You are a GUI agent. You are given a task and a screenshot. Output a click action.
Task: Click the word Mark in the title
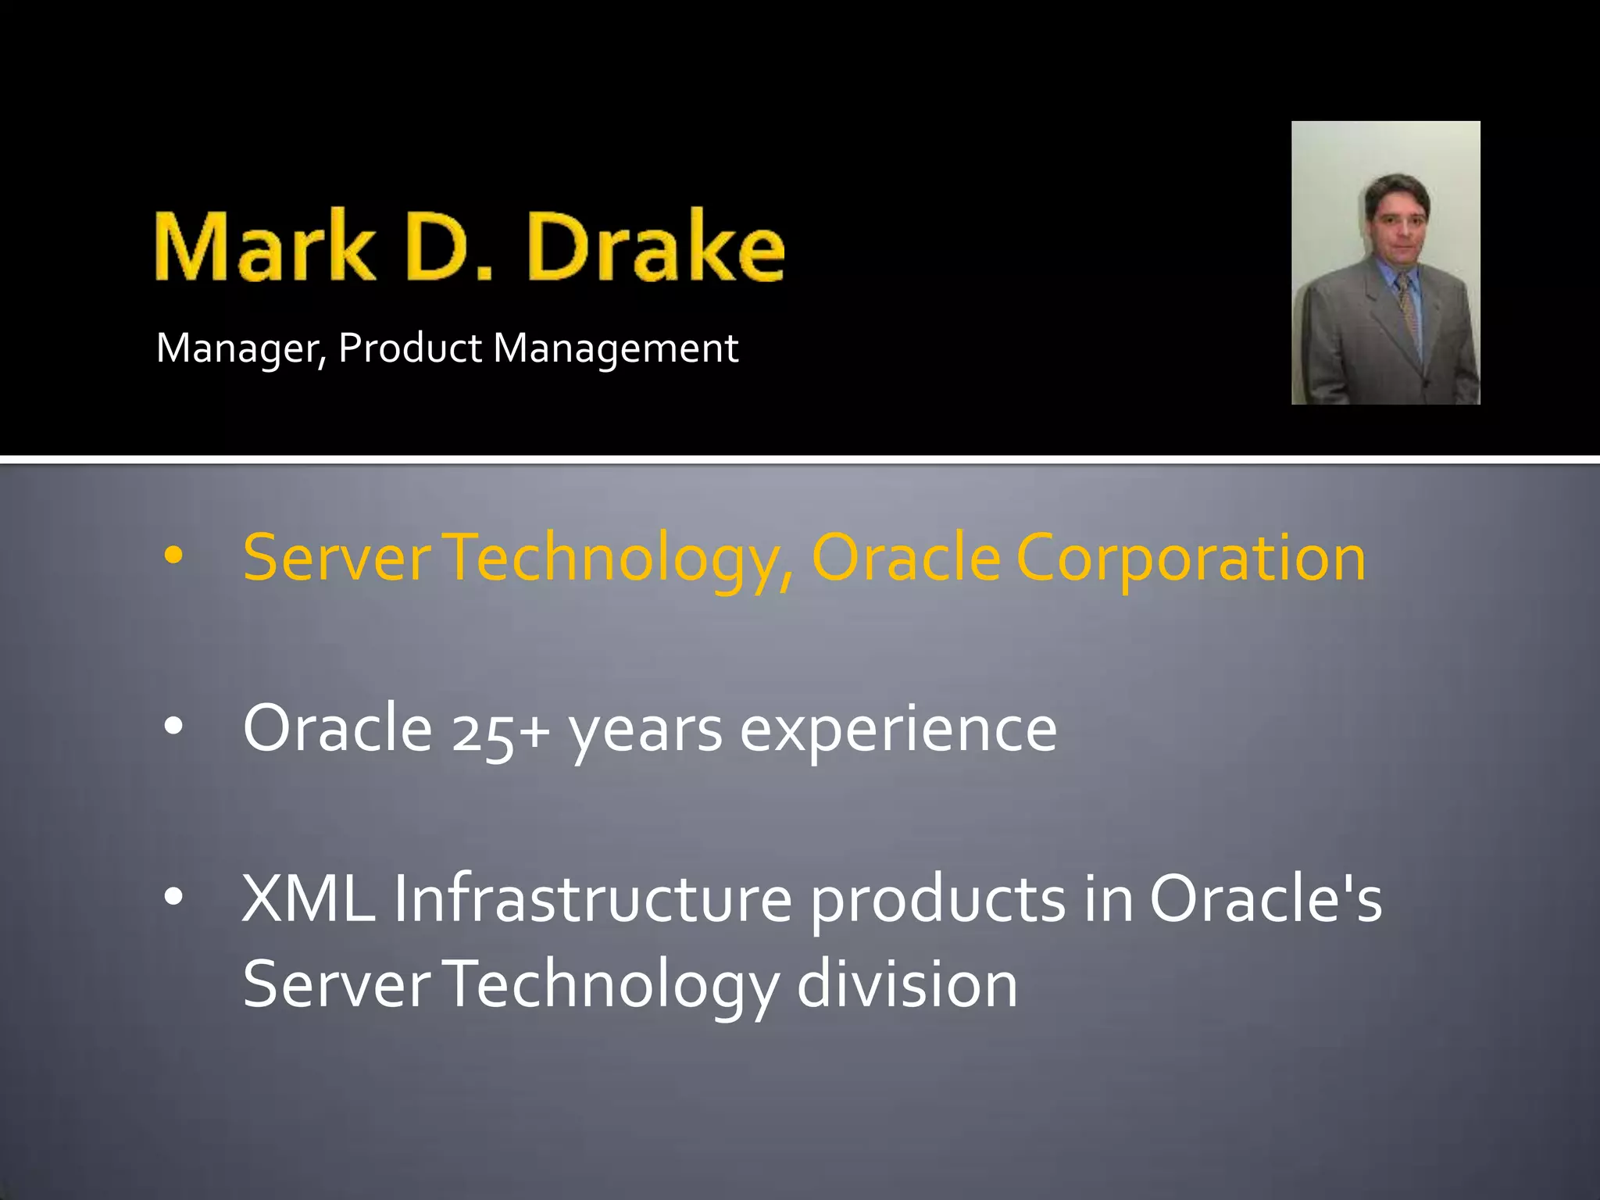click(264, 246)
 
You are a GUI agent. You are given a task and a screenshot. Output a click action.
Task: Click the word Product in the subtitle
click(409, 348)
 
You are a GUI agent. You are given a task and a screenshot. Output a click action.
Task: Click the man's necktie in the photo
click(1409, 309)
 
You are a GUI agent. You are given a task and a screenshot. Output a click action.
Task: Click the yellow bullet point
click(173, 556)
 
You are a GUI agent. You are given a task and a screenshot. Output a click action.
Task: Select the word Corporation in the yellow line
click(1191, 559)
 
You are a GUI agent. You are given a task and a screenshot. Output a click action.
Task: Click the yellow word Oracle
click(906, 557)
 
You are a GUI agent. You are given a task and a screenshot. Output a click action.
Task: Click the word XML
click(309, 898)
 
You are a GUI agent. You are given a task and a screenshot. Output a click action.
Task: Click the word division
click(907, 984)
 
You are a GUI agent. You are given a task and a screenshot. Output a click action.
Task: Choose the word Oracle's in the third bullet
click(1266, 898)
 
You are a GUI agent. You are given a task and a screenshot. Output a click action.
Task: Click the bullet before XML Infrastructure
click(173, 897)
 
